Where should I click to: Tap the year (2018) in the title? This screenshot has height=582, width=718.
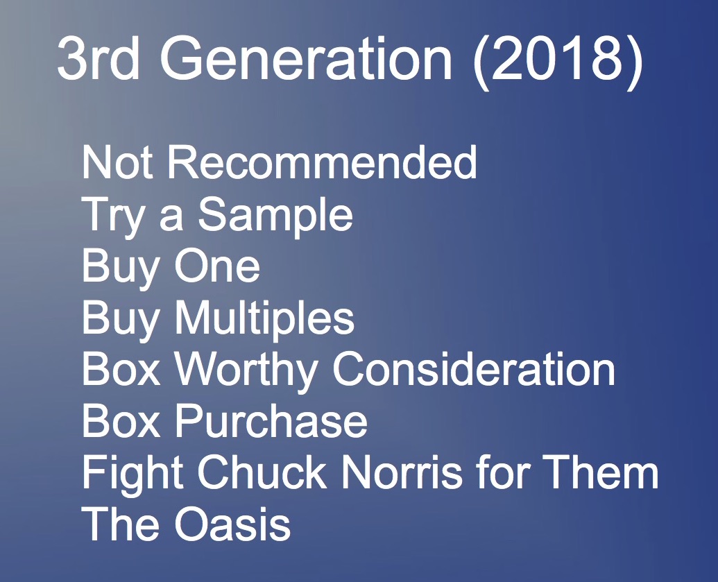(557, 60)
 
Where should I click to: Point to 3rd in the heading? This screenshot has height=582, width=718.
(98, 58)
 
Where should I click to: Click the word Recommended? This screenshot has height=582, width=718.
(323, 162)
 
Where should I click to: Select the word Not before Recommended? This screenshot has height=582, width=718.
(117, 162)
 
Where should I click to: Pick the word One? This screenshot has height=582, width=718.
(217, 266)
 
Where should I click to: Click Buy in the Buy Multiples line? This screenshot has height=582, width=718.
(121, 320)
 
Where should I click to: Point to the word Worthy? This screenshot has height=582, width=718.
(246, 371)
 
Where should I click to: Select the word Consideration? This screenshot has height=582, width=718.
(474, 369)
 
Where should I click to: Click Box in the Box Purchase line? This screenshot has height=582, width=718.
(121, 421)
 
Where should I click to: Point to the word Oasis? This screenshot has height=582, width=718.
(232, 524)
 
